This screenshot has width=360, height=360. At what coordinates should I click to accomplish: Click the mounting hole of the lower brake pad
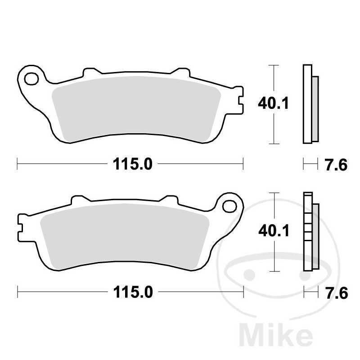click(x=230, y=207)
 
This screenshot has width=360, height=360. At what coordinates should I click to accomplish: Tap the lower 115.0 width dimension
click(x=130, y=292)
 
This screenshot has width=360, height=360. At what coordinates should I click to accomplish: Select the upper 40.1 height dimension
click(x=273, y=104)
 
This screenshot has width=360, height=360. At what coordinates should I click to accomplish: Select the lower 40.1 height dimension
click(x=273, y=231)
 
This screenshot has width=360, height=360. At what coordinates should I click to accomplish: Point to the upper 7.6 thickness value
click(x=336, y=165)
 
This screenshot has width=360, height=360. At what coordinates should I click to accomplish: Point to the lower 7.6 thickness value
click(x=336, y=293)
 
